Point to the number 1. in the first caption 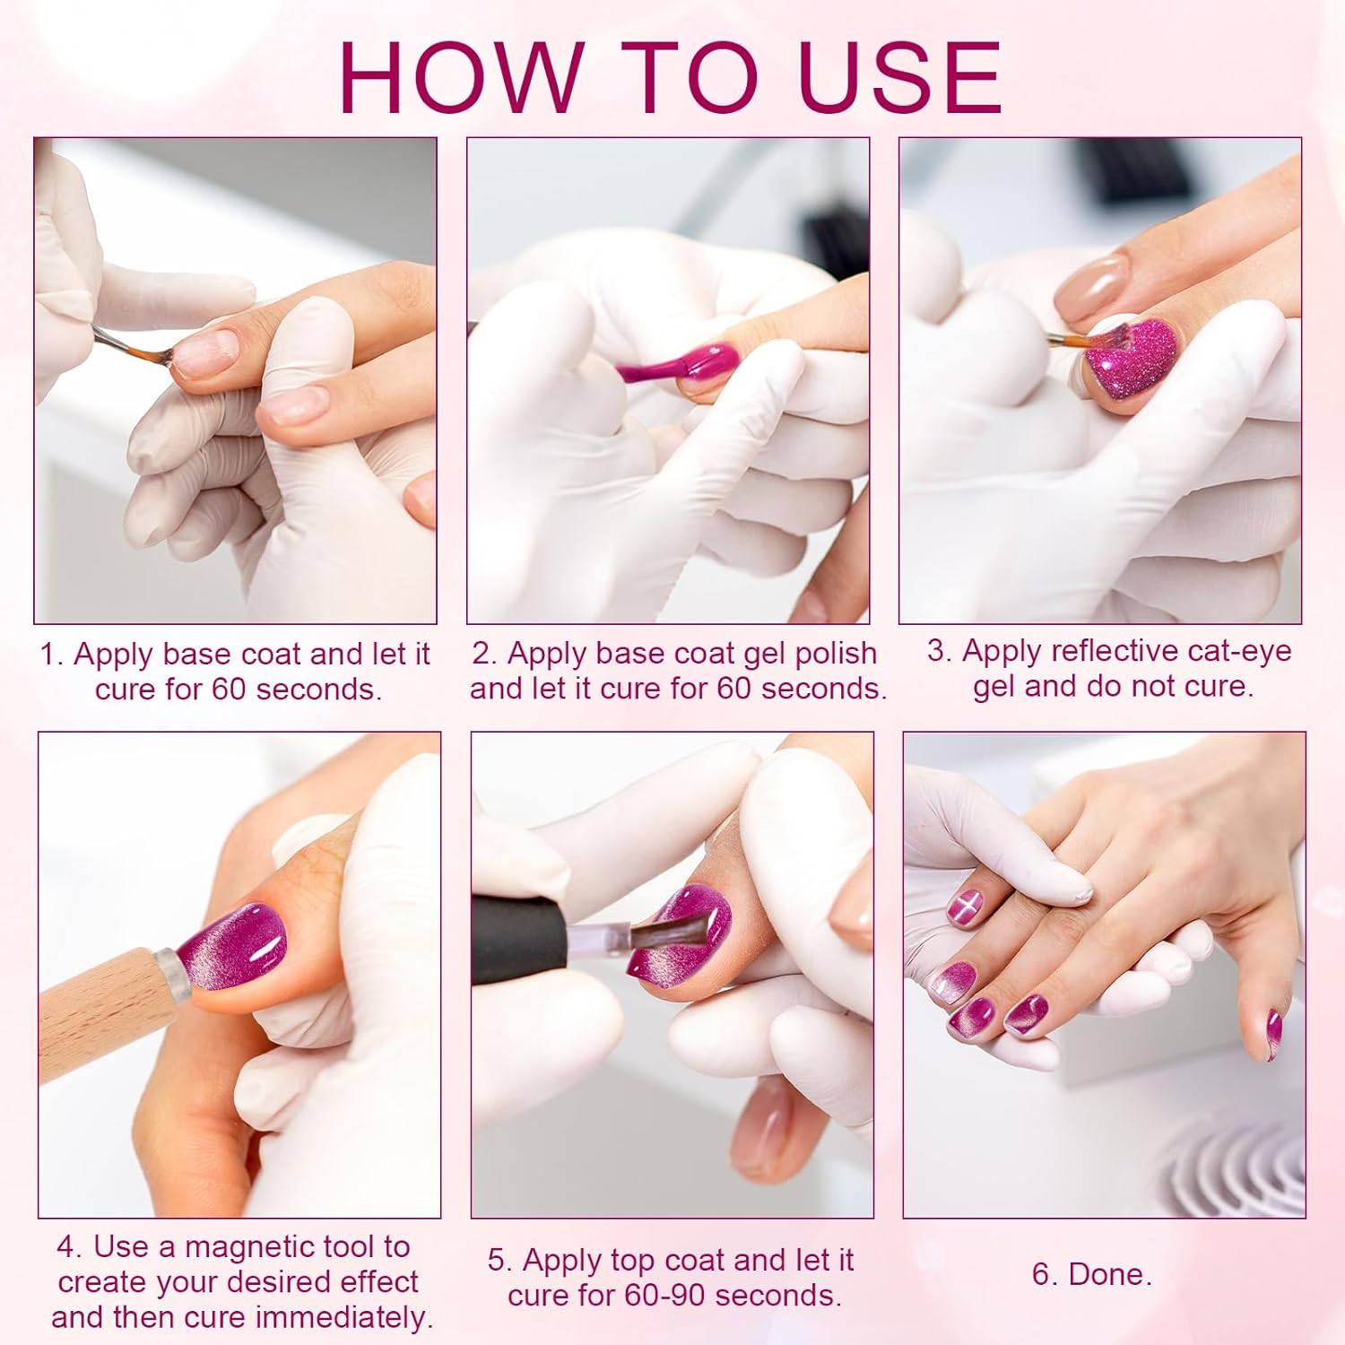tap(52, 654)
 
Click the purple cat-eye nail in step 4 tap(232, 947)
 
